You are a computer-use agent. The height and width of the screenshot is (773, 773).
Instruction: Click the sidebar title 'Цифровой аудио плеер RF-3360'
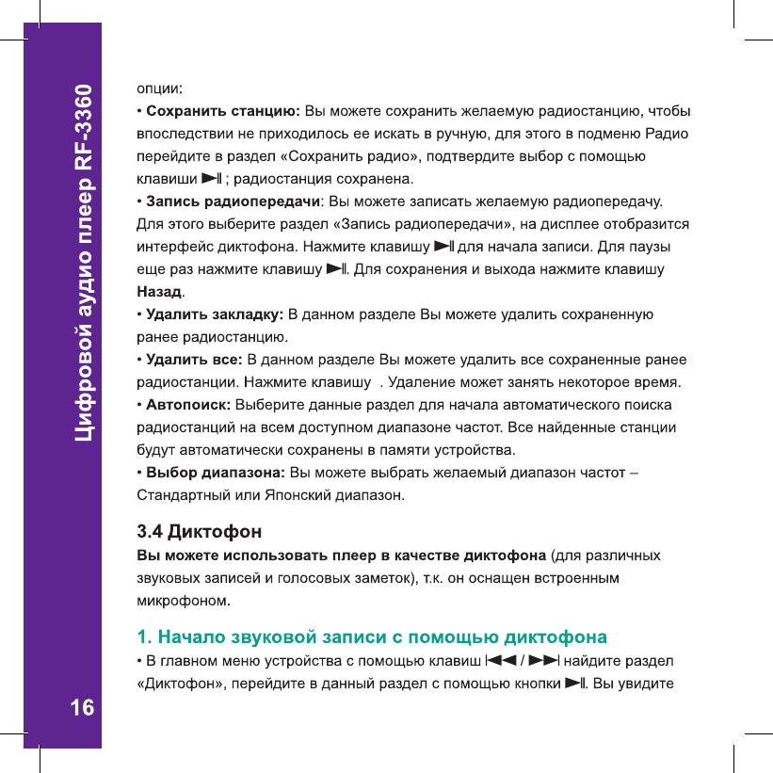[x=84, y=266]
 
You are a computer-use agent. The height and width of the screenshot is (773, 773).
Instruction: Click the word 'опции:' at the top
[x=159, y=89]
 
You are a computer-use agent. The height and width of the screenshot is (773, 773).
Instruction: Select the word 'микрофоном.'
[x=185, y=599]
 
